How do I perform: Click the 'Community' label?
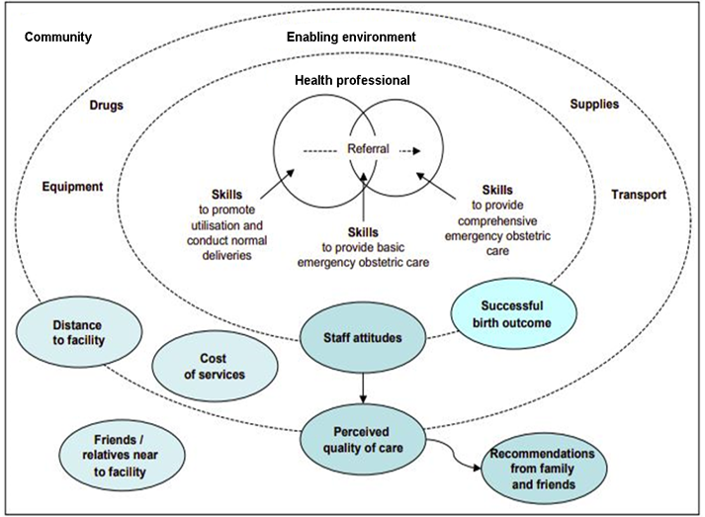point(58,37)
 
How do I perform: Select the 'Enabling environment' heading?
point(351,37)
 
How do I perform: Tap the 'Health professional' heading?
point(352,79)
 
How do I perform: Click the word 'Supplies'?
point(594,104)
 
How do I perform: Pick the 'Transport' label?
point(639,195)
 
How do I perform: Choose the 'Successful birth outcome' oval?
point(512,313)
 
